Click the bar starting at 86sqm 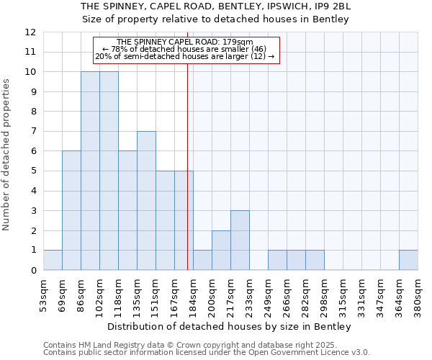click(90, 171)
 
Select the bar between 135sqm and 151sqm click(146, 201)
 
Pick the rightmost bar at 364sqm click(408, 260)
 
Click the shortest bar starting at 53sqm click(53, 260)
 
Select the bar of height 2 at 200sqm click(221, 251)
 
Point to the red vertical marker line click(187, 158)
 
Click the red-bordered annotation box click(185, 50)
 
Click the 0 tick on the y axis click(33, 270)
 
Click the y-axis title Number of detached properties click(7, 155)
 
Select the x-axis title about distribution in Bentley click(230, 326)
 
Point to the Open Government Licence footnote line click(207, 353)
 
